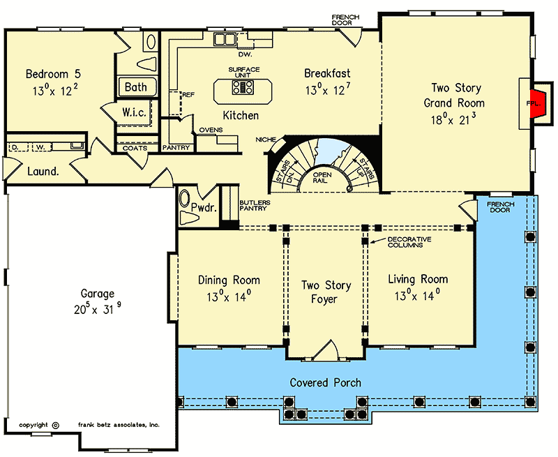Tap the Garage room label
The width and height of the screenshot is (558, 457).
(97, 294)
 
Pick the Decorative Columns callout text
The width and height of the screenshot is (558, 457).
(409, 244)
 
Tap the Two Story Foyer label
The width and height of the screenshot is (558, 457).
(326, 292)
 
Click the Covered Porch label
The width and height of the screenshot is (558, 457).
(326, 382)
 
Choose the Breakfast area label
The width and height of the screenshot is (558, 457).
(327, 73)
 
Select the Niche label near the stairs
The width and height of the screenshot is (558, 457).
(265, 140)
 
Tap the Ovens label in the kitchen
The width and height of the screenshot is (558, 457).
(211, 130)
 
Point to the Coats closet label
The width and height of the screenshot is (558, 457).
(135, 148)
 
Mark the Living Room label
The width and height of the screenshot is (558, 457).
(418, 279)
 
